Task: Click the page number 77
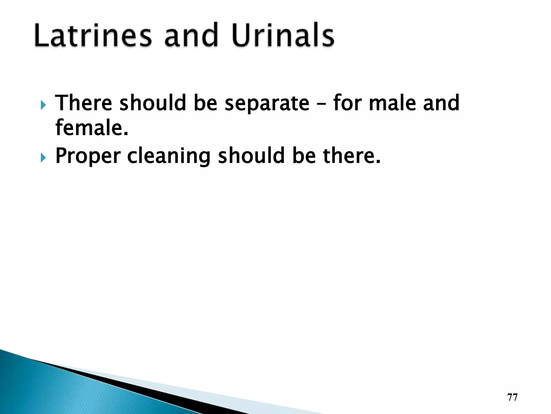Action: pos(512,397)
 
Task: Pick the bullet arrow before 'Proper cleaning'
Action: pos(43,158)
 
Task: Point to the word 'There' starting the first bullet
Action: pos(83,103)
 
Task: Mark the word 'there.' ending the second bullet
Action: pos(352,156)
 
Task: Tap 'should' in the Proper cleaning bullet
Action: pos(251,156)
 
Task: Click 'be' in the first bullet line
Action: pos(205,103)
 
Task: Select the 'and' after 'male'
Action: pos(441,103)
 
